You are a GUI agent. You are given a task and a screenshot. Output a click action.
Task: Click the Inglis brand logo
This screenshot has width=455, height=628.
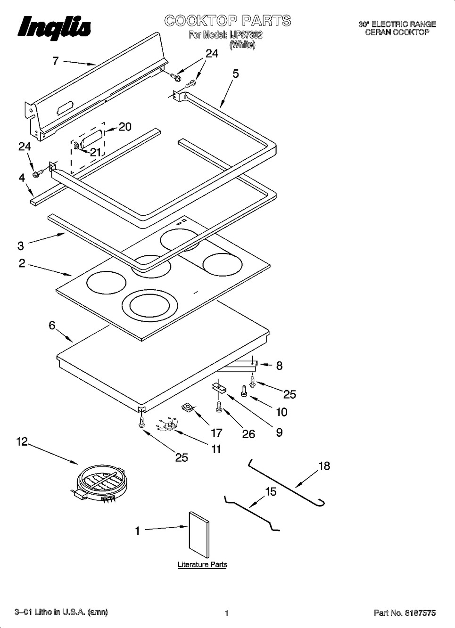pos(55,27)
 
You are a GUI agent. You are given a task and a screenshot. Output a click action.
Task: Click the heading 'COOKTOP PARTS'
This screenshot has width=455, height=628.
pos(227,21)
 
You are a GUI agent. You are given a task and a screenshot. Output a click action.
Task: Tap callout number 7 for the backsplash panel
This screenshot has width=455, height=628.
pos(56,61)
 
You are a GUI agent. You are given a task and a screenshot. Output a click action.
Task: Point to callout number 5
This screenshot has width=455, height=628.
pos(235,73)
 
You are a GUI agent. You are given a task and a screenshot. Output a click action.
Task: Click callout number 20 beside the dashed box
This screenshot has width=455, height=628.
pos(124,127)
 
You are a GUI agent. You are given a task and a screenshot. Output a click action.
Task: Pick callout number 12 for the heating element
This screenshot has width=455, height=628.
pos(22,442)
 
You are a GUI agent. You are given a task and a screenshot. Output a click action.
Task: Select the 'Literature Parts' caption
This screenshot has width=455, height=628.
pos(202,564)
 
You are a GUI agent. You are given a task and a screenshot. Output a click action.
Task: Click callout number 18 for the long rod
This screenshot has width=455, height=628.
pos(324,466)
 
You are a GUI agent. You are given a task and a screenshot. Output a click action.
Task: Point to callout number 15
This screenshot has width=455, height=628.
pos(271,492)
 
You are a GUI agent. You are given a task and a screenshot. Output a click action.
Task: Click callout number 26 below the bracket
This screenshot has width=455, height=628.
pos(248,433)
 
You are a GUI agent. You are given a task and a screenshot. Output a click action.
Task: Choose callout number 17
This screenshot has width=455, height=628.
pos(216,432)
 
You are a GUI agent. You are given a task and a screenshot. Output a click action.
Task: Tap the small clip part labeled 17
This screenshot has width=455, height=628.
pos(188,407)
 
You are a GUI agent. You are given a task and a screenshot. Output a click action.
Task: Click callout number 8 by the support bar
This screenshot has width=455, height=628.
pos(279,366)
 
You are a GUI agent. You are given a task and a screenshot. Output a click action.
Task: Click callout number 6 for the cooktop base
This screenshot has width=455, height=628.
pos(52,325)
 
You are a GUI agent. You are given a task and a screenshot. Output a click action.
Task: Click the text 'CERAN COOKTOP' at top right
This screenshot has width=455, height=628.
pos(397,32)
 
